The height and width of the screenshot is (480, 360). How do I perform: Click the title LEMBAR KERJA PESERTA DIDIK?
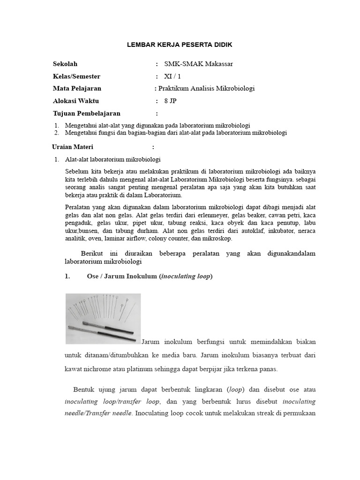180,45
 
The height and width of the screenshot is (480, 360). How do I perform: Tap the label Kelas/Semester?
76,76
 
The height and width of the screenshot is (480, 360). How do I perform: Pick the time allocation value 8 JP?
170,101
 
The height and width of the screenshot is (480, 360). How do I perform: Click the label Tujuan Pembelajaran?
87,113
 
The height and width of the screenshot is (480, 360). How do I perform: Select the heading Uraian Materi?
73,147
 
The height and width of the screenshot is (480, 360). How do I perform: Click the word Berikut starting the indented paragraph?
93,254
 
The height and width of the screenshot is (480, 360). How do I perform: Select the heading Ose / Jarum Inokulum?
122,276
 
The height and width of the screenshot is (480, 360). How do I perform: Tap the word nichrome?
97,369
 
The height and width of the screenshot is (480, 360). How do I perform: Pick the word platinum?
135,369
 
